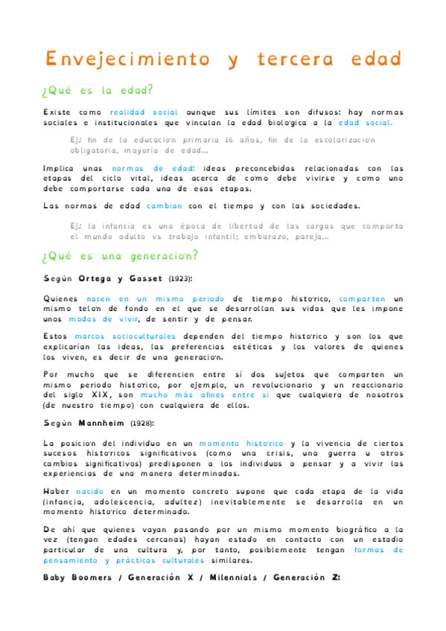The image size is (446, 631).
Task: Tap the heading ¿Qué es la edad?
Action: [98, 91]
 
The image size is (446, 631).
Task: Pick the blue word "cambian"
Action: [164, 206]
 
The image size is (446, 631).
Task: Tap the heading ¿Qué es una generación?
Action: [121, 257]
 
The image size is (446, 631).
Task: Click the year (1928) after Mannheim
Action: [142, 423]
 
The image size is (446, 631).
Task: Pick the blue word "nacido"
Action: [94, 491]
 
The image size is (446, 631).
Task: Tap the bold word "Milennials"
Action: [232, 577]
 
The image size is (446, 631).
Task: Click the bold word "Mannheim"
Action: [102, 423]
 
